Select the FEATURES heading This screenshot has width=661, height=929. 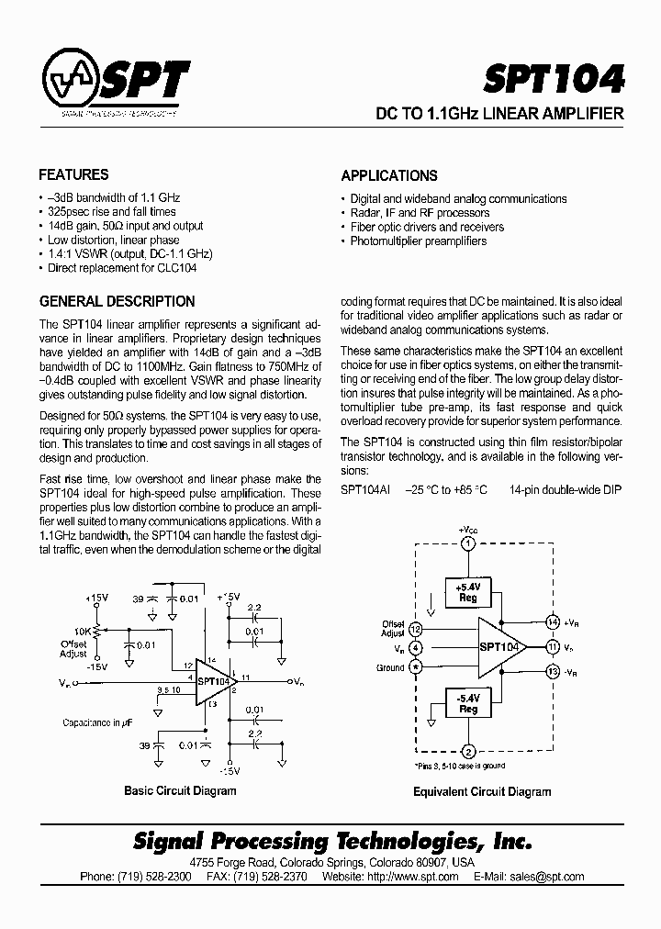click(73, 174)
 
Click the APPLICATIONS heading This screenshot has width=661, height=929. click(389, 175)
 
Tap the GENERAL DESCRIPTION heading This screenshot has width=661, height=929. click(117, 301)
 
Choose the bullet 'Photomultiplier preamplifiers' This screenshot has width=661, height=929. click(418, 241)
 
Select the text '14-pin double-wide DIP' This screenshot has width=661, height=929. click(566, 490)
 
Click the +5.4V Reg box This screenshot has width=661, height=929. click(468, 591)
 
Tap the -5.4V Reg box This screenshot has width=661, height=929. click(468, 703)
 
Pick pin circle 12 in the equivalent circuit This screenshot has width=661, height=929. click(416, 629)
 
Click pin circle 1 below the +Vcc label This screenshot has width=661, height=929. click(468, 544)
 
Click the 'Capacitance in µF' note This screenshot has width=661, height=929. click(97, 722)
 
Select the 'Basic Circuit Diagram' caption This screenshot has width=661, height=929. click(179, 790)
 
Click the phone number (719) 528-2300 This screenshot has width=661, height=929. click(136, 877)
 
